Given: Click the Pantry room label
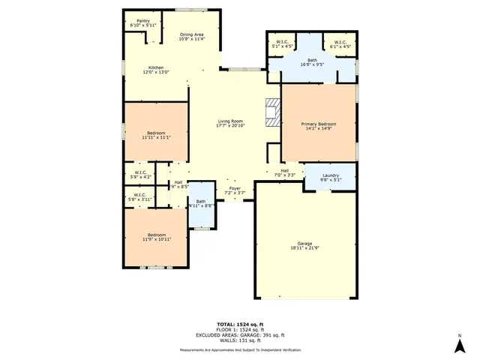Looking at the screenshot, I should coord(142,22).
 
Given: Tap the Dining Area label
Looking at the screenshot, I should coord(192,35).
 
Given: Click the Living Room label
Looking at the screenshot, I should coord(230,121).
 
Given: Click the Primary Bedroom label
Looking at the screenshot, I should coord(318,124).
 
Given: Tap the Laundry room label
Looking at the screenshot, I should coord(331,175).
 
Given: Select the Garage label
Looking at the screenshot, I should coord(304,244).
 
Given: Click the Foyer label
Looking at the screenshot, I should coord(235,188).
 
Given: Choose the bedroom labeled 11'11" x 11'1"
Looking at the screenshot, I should coord(156,133).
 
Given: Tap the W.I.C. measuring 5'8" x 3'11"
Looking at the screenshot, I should coord(141,199).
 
